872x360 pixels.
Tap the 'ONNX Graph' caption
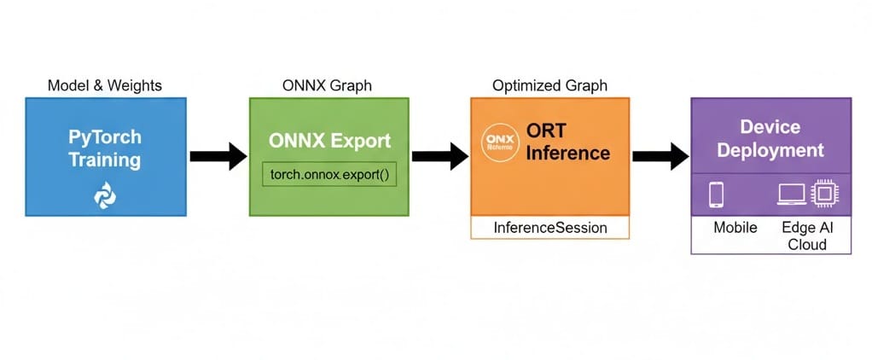coord(327,85)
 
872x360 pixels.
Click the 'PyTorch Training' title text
coord(106,148)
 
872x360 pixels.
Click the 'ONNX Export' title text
coord(329,140)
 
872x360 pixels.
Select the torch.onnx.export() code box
coord(329,173)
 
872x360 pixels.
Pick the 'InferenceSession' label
coord(550,228)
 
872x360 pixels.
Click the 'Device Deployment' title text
coord(770,138)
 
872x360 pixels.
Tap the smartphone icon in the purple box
coord(716,195)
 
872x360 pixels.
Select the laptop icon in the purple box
coord(790,195)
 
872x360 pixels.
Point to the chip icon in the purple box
coord(823,194)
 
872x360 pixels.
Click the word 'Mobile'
coord(734,229)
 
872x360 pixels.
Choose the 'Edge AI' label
coord(807,229)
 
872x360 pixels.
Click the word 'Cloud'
coord(807,245)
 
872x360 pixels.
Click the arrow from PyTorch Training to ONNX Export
coord(218,156)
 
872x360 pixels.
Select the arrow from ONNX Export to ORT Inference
coord(439,156)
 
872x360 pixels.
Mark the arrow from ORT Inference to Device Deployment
coord(660,156)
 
